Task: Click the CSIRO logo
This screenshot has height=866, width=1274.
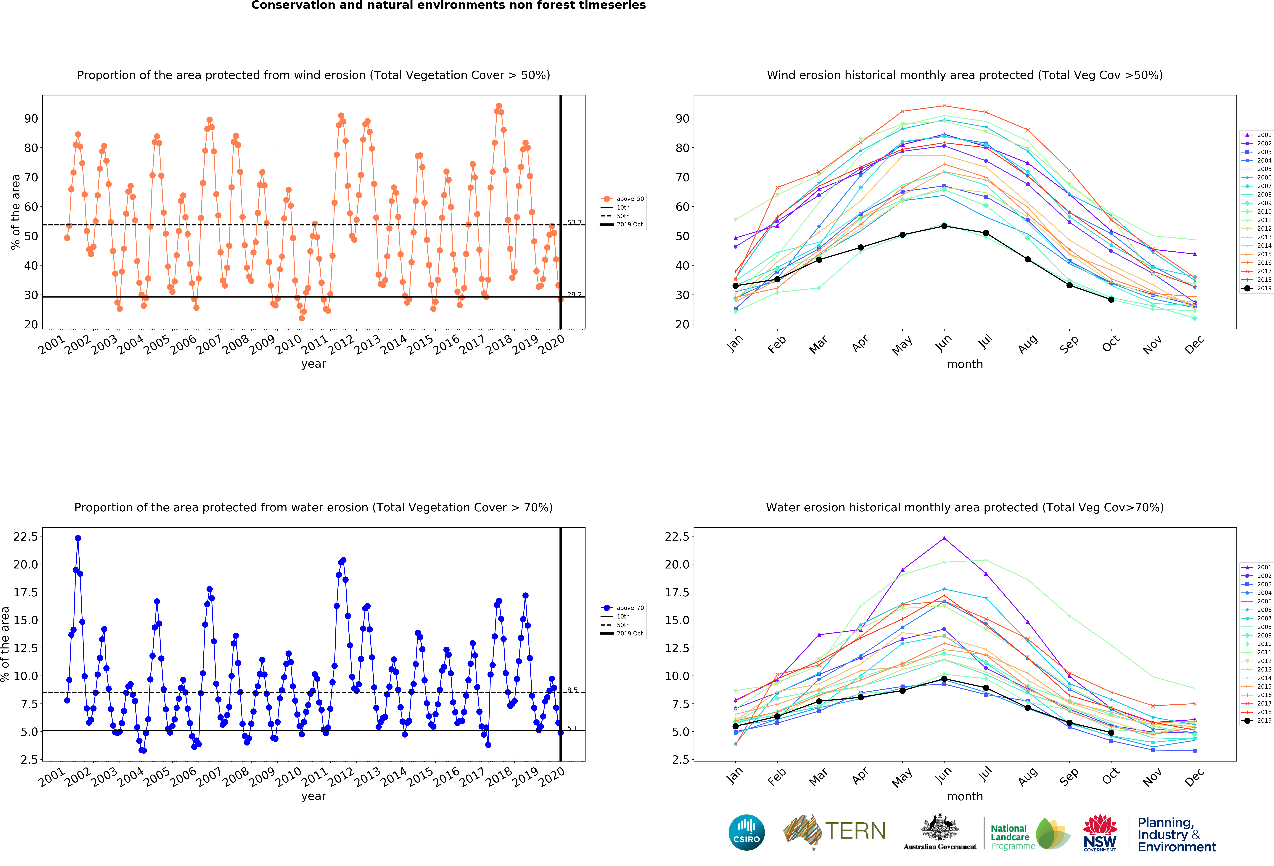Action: click(x=747, y=833)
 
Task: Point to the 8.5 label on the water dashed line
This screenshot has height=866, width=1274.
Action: click(x=572, y=690)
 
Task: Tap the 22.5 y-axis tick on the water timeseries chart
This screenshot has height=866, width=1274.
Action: click(x=26, y=537)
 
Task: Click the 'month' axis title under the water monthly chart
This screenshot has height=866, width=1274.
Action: click(x=965, y=796)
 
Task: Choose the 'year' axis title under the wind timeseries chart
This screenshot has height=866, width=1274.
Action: click(x=314, y=364)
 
